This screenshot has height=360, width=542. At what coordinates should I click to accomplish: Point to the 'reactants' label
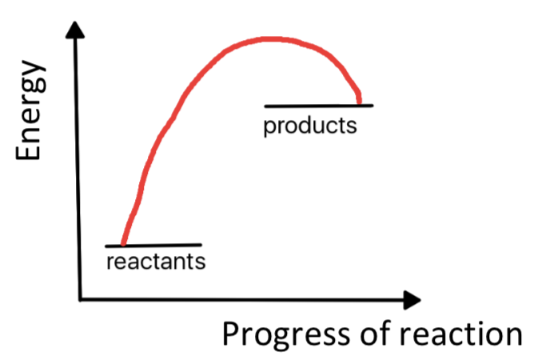click(155, 262)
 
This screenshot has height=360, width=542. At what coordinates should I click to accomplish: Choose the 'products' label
click(310, 126)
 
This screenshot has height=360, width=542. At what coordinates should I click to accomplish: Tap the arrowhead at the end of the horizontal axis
click(411, 300)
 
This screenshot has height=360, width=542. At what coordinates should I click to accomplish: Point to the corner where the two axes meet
click(79, 300)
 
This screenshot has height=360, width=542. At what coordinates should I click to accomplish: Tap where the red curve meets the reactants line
click(122, 244)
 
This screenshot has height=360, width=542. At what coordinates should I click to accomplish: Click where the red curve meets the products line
click(359, 103)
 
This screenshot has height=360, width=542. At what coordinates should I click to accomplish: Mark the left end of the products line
click(265, 105)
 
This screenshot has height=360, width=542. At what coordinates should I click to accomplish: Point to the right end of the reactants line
click(200, 244)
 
